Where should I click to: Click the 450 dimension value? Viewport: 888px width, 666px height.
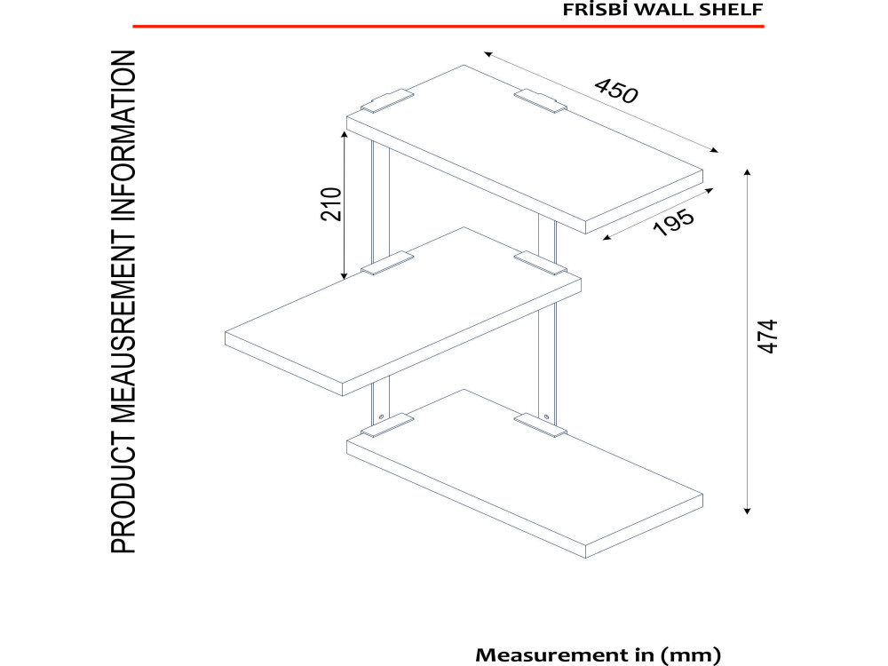coord(616,91)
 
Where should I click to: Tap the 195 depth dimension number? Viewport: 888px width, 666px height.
coord(673,222)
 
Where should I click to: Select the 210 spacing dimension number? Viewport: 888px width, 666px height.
coord(331,204)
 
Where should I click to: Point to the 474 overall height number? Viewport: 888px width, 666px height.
coord(768,337)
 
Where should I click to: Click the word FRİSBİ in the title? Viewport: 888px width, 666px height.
coord(596,9)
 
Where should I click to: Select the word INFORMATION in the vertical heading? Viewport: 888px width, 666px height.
coord(123,135)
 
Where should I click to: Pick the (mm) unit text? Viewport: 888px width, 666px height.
coord(691,655)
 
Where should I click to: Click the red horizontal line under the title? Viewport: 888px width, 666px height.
coord(448,26)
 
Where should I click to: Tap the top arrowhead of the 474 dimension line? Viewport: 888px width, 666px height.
coord(748,172)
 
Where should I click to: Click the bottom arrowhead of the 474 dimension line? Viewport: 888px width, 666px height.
coord(748,511)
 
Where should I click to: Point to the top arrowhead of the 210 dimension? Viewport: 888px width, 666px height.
coord(344,135)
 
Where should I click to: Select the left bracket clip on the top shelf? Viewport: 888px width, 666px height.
coord(387,100)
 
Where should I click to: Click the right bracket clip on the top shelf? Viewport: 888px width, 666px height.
coord(540,101)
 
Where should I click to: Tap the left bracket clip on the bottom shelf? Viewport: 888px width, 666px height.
coord(387,425)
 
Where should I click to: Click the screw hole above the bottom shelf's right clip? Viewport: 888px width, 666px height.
coord(547,416)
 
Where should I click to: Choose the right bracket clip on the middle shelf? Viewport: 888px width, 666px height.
coord(540,263)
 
